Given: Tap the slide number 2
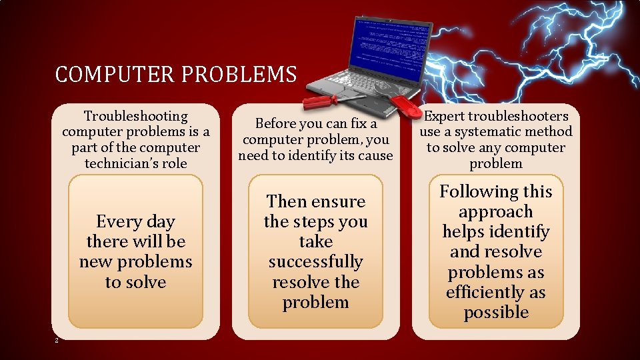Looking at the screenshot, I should (58, 341).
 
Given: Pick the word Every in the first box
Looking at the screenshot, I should (117, 221).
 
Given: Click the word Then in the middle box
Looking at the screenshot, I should (286, 201).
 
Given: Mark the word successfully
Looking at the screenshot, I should (315, 261).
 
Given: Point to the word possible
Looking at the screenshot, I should (496, 312).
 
